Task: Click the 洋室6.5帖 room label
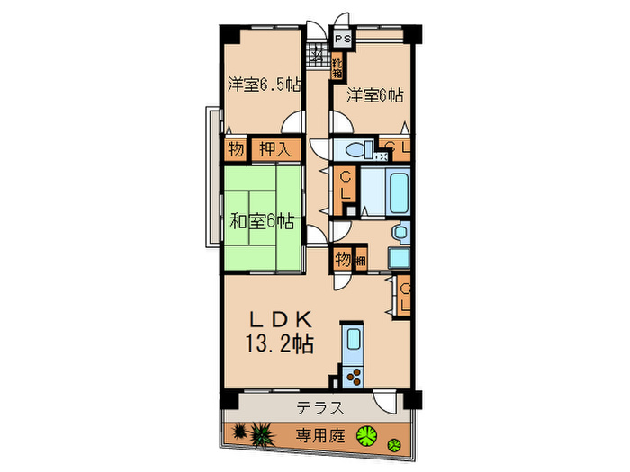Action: coord(263,85)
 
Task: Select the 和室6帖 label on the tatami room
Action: coord(260,220)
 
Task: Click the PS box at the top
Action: coord(343,40)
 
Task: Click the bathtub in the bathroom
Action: coord(396,191)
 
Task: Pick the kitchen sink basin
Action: coord(353,341)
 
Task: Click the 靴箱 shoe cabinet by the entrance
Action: coord(337,66)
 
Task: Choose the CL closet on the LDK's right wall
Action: coord(404,296)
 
